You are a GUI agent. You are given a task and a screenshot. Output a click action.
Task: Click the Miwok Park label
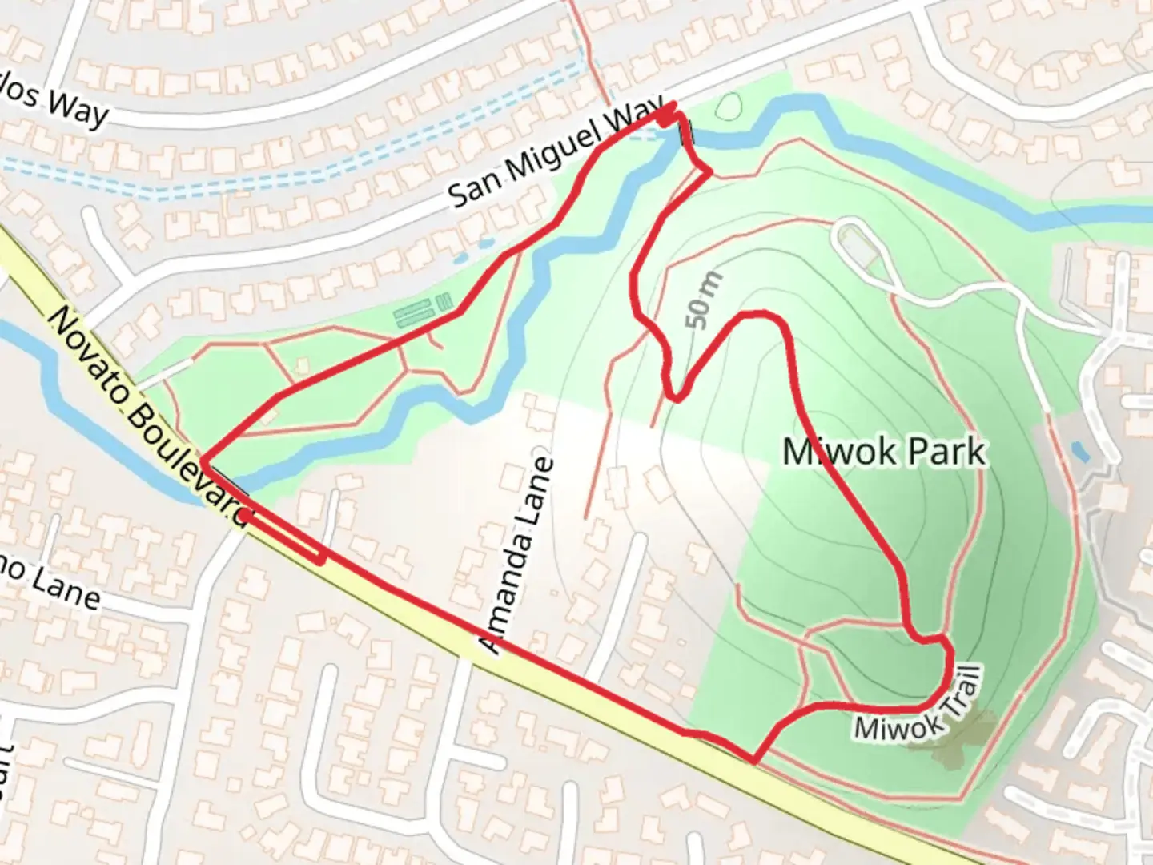pyautogui.click(x=883, y=452)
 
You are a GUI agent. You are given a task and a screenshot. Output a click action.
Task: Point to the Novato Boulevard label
pyautogui.click(x=149, y=416)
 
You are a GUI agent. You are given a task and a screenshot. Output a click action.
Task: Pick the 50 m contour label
pyautogui.click(x=704, y=300)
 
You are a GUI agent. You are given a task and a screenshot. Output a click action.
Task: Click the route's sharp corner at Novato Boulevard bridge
pyautogui.click(x=203, y=461)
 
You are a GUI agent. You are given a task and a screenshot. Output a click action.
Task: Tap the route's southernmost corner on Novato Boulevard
pyautogui.click(x=753, y=761)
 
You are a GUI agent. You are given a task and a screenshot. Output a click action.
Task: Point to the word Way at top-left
pyautogui.click(x=76, y=107)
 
